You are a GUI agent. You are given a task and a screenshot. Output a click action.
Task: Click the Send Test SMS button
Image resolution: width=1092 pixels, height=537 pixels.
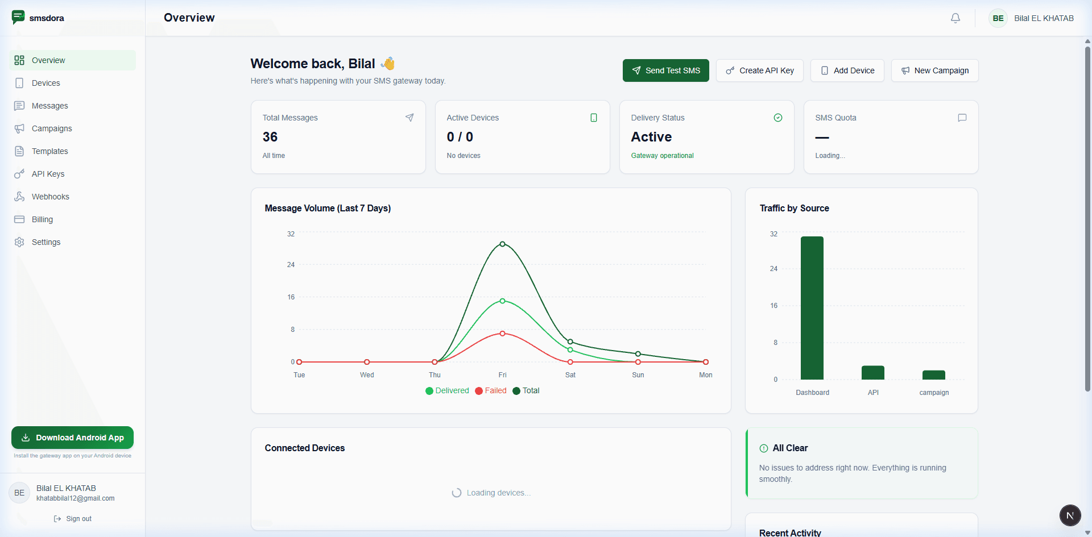point(665,70)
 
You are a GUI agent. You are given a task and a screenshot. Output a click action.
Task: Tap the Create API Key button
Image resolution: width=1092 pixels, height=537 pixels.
point(759,70)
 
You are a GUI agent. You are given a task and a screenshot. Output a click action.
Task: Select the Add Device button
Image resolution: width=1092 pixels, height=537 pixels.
point(847,70)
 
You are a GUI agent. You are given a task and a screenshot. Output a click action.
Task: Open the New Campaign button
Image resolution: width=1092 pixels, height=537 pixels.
point(934,70)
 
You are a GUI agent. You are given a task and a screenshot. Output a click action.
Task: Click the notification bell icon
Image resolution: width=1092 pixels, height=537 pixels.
point(955,18)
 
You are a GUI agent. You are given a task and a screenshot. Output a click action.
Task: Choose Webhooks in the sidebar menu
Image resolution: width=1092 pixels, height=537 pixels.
point(50,197)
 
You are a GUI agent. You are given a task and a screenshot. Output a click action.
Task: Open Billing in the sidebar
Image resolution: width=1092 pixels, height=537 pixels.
point(42,219)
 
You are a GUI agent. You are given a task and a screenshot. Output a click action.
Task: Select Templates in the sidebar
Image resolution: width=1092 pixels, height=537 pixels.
point(49,151)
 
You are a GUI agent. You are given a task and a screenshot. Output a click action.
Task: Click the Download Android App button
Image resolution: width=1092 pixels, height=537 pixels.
point(72,438)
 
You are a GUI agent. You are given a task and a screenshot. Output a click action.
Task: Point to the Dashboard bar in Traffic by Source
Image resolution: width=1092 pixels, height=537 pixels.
point(812,307)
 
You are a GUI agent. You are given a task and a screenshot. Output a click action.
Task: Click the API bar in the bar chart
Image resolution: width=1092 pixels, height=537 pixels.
point(872,373)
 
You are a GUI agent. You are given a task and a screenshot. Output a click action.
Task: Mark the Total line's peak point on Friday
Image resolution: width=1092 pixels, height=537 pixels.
point(502,244)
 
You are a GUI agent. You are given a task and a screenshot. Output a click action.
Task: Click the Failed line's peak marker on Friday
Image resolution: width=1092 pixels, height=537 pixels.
point(502,334)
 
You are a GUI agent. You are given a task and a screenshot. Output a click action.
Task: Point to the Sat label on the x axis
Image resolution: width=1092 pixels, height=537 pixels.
point(570,375)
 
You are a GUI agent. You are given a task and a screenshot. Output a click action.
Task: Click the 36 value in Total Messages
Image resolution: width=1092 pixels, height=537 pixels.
point(270,137)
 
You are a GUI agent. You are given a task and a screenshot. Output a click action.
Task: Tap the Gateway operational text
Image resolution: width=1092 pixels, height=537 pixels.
point(662,156)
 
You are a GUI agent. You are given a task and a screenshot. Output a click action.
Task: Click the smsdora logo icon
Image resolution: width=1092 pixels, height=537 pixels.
point(18,17)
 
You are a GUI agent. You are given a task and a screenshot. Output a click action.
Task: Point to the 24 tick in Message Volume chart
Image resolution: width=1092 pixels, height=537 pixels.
point(291,265)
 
